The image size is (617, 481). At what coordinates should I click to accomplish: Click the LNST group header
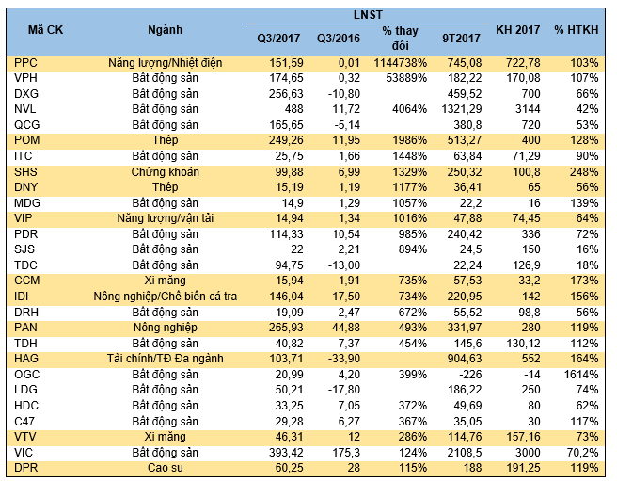368,15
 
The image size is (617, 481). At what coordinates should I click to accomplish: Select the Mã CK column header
45,30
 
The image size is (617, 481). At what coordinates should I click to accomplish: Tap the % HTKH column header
576,30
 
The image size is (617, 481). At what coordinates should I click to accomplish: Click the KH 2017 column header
517,30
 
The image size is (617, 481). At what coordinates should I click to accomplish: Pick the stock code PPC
25,63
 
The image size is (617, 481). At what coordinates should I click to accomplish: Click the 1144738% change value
400,63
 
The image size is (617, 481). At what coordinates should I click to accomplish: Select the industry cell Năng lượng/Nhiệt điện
166,63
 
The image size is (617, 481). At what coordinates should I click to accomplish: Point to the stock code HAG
26,359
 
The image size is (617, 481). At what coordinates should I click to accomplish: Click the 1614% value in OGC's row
581,375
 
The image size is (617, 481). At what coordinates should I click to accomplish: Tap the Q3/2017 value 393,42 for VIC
286,452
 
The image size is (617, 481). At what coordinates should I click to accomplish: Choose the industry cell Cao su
166,468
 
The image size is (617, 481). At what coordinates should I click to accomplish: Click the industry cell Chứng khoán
166,172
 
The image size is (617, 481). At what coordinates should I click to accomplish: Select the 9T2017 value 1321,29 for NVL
461,109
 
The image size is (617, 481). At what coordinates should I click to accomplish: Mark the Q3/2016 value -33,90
344,359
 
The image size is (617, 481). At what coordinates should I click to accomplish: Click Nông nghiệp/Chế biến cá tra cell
166,297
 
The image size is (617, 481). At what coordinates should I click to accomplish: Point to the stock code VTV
25,437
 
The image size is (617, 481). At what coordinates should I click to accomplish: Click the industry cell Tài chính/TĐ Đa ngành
166,359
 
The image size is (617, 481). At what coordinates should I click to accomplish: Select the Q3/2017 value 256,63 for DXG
286,94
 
